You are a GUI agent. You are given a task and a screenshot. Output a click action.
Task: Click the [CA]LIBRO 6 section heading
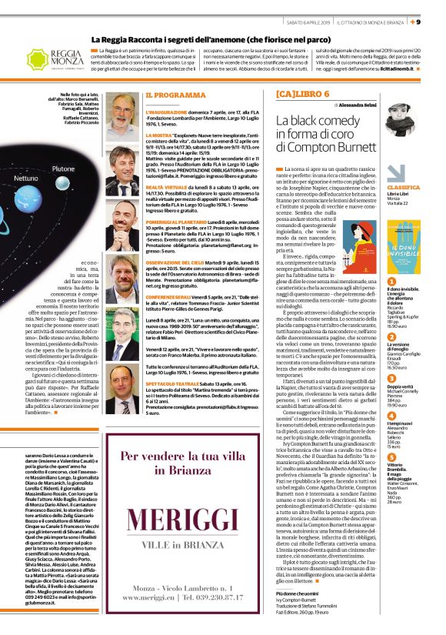tap(305, 95)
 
